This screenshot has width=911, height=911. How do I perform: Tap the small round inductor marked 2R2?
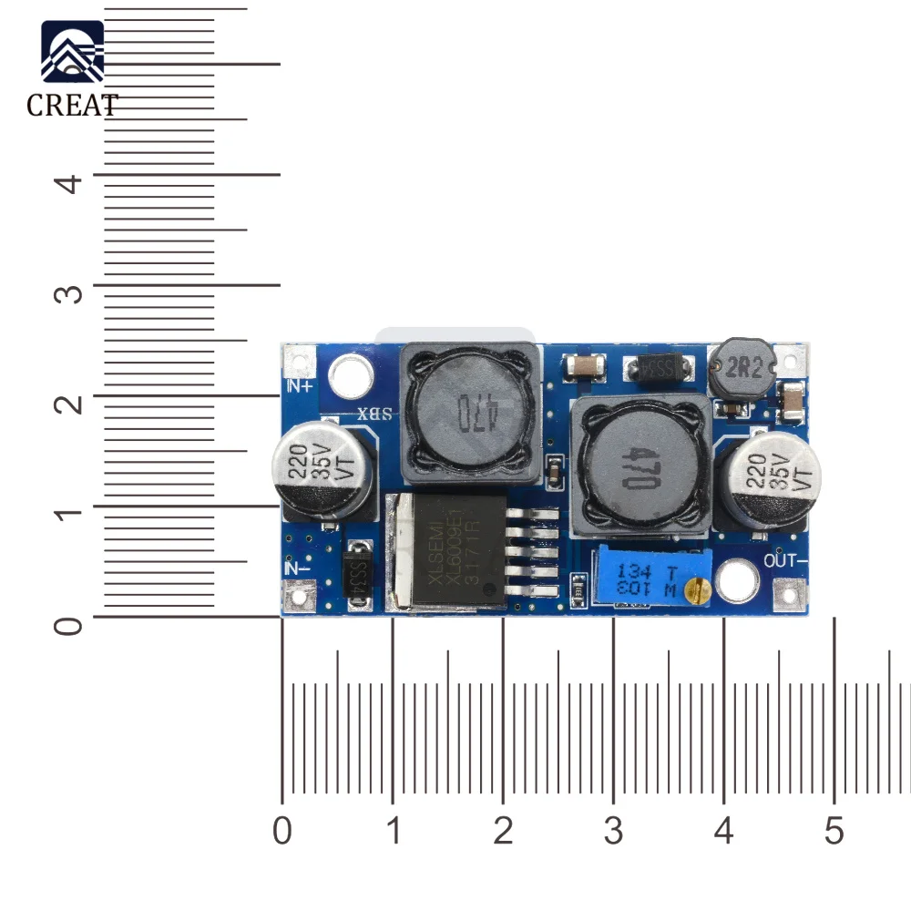click(x=742, y=368)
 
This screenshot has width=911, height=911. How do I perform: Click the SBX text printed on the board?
click(x=375, y=413)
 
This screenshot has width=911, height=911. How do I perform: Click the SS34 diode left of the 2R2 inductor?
click(x=656, y=369)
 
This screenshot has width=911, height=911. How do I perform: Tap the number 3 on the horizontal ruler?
click(x=613, y=831)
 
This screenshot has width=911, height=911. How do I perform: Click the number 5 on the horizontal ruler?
click(x=834, y=831)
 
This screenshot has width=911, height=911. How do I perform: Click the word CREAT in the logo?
click(x=72, y=106)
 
